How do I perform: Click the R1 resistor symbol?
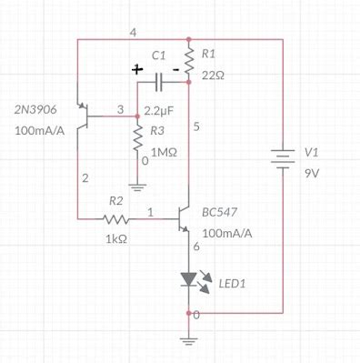click(x=188, y=61)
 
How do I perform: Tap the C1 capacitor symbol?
click(x=159, y=83)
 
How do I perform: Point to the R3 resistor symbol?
click(x=137, y=138)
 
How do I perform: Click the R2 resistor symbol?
click(x=115, y=219)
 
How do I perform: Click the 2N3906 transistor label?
click(x=35, y=110)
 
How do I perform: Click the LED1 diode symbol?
click(x=188, y=279)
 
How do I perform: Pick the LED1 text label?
click(x=233, y=284)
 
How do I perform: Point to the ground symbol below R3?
click(x=137, y=188)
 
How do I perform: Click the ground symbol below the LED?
click(x=188, y=340)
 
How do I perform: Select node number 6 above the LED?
click(x=195, y=247)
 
